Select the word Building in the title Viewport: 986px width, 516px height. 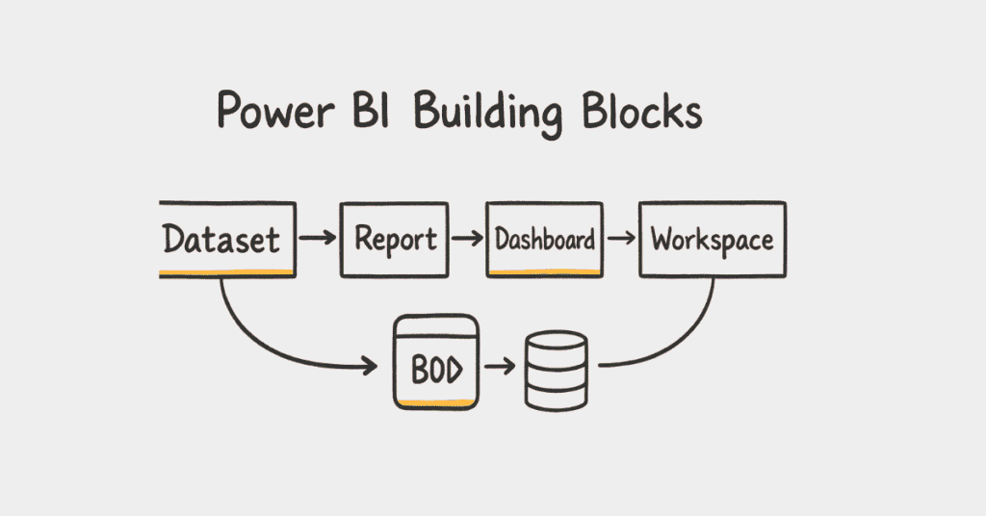coord(488,113)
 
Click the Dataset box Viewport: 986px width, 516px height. coord(227,239)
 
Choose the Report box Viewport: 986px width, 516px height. coord(394,239)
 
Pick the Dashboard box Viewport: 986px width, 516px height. coord(545,239)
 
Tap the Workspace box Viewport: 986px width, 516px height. coord(712,239)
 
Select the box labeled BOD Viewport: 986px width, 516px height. coord(434,366)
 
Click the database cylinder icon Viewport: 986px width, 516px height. coord(556,372)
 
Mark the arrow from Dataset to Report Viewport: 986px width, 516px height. coord(317,237)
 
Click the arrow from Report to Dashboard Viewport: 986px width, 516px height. coord(467,238)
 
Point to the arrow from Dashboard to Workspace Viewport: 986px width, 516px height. coord(621,238)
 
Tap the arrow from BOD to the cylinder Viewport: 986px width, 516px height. coord(500,367)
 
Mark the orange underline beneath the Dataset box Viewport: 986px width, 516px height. coord(227,274)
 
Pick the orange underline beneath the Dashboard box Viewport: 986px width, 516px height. coord(545,272)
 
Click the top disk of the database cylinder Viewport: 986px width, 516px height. coord(556,342)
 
